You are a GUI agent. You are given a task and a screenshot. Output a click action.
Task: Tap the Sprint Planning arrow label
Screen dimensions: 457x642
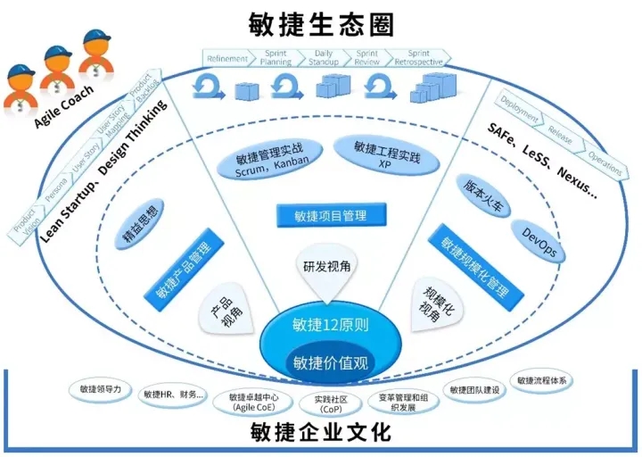pyautogui.click(x=276, y=58)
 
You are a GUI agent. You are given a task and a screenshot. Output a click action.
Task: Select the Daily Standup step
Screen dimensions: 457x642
pyautogui.click(x=324, y=58)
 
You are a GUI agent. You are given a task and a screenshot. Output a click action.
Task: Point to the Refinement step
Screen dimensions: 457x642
pyautogui.click(x=227, y=58)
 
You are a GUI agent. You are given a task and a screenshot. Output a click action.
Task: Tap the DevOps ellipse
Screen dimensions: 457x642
pyautogui.click(x=538, y=243)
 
